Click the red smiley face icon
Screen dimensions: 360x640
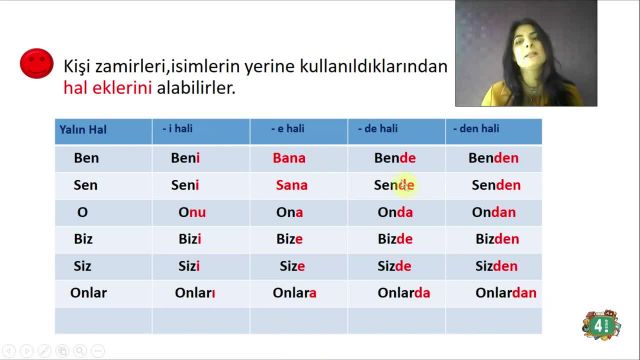36,64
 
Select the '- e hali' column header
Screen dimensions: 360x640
291,130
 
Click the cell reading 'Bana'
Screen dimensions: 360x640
289,158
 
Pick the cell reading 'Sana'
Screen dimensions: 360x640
291,185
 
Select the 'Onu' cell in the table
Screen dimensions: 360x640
192,212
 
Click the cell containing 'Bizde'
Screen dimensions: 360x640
395,239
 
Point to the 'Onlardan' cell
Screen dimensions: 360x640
505,293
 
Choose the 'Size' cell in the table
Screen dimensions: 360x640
291,266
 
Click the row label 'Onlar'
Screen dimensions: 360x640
88,293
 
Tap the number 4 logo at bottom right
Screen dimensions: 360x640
601,323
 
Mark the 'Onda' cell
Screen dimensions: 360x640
395,212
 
